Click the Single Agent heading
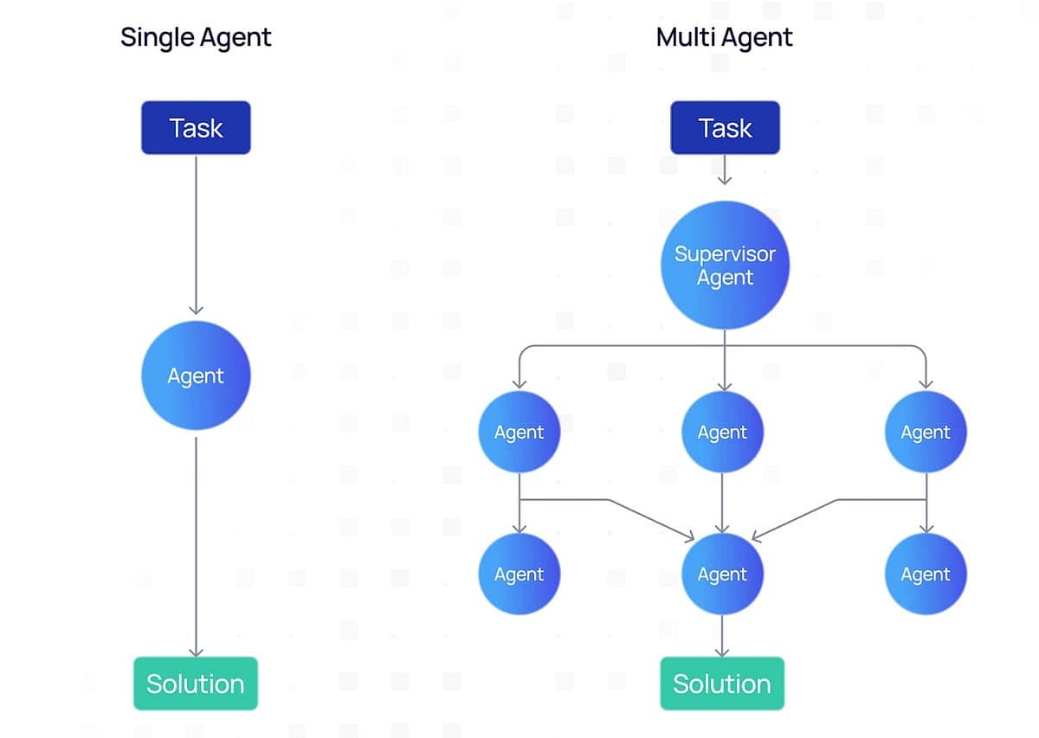coord(196,37)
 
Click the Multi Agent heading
coord(725,37)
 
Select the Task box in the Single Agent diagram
coord(196,128)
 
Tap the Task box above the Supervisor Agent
coord(725,128)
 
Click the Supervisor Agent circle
coord(725,266)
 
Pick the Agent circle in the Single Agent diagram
coord(196,375)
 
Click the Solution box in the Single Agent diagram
coord(196,683)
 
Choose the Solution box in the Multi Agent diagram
coord(722,683)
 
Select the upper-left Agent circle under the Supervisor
coord(519,432)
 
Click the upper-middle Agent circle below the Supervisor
coord(723,432)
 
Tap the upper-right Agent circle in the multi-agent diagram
coord(926,432)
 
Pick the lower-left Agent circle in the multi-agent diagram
coord(519,574)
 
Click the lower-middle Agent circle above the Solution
coord(723,574)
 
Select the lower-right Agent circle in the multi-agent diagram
coord(926,574)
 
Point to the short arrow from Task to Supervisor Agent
coord(725,170)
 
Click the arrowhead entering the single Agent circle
coord(196,310)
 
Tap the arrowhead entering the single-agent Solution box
coord(196,651)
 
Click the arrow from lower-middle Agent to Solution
coord(723,636)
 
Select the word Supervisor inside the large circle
coord(725,254)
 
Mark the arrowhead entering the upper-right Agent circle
coord(926,382)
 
